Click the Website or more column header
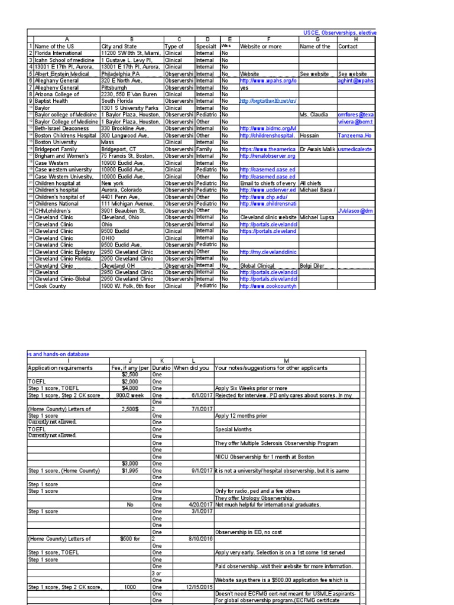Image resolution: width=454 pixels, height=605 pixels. pyautogui.click(x=268, y=46)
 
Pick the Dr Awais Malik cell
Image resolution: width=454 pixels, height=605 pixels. pyautogui.click(x=317, y=149)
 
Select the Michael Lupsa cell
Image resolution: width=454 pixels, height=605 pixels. pyautogui.click(x=317, y=218)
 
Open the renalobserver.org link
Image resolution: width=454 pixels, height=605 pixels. pyautogui.click(x=267, y=156)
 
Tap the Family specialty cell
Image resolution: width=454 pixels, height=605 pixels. pyautogui.click(x=207, y=149)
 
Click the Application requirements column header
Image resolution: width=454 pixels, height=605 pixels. pyautogui.click(x=68, y=367)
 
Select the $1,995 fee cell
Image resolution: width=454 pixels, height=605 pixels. pyautogui.click(x=129, y=470)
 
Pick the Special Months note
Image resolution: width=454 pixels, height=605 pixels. pyautogui.click(x=234, y=430)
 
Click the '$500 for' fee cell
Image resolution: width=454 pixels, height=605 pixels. pyautogui.click(x=130, y=539)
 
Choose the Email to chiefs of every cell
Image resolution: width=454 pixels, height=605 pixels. pyautogui.click(x=268, y=184)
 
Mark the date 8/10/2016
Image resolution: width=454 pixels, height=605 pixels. pyautogui.click(x=198, y=539)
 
